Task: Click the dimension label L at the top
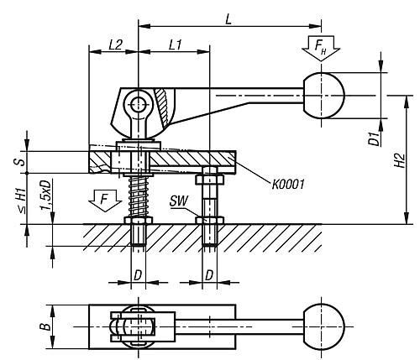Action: [x=228, y=19]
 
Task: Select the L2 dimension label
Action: [x=115, y=44]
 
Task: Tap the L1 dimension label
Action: [x=176, y=44]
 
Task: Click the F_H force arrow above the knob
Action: [x=321, y=48]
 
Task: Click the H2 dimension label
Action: [x=400, y=160]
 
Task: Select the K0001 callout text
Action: [x=288, y=185]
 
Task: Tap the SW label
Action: [x=179, y=201]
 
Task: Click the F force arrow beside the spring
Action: [x=105, y=201]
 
